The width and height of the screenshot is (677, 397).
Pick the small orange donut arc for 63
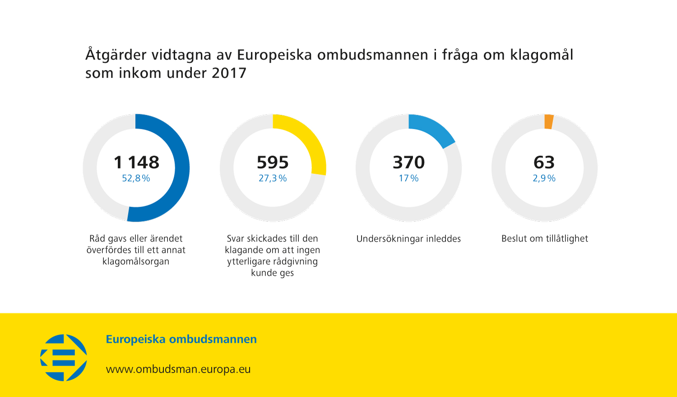pos(549,122)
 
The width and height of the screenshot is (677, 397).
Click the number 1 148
pos(136,162)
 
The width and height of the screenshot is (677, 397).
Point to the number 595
pos(273,162)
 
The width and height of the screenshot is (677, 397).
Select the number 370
pos(409,162)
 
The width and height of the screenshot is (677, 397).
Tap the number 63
pos(544,162)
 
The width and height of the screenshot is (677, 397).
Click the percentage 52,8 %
pos(136,178)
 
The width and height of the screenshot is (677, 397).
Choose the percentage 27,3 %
pos(273,178)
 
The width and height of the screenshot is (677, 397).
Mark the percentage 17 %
pos(408,178)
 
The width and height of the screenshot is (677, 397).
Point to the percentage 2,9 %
pos(544,178)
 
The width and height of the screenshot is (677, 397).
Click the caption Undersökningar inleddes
pos(408,239)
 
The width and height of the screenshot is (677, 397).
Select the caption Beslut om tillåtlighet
pos(545,239)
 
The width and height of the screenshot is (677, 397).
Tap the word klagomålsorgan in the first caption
pos(136,261)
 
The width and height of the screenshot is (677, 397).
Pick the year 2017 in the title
pos(229,73)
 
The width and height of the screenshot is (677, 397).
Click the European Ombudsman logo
pos(64,357)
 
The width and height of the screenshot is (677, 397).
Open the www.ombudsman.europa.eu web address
pos(178,369)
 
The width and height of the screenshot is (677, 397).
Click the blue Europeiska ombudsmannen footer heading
pos(181,339)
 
